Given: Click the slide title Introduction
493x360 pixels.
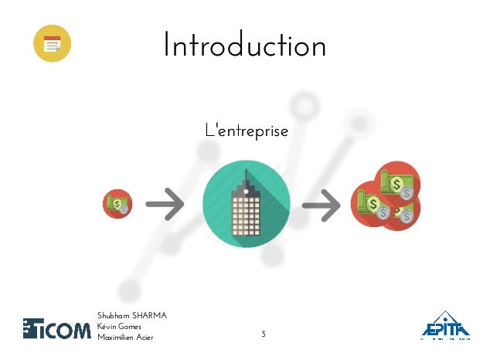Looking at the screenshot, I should [x=244, y=46].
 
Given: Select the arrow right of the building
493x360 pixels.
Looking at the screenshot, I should [x=321, y=206].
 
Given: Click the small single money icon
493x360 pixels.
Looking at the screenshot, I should [x=117, y=205].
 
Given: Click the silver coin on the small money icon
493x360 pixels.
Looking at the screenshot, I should [x=124, y=209].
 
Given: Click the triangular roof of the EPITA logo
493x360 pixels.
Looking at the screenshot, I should [x=446, y=318].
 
